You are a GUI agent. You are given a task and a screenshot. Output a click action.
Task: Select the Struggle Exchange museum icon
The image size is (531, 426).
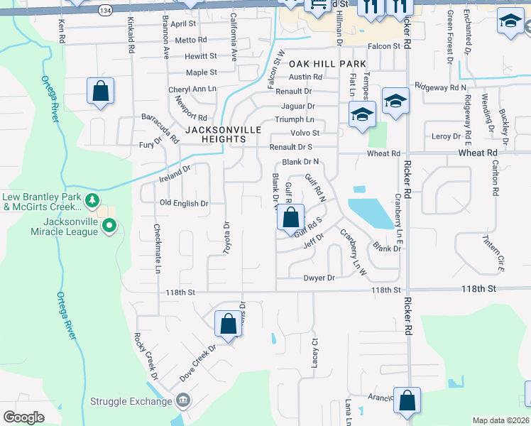(184, 401)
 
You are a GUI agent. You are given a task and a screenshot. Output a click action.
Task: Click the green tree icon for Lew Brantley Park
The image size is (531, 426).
(92, 201)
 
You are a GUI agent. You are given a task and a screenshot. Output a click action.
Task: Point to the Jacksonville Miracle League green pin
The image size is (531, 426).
(109, 226)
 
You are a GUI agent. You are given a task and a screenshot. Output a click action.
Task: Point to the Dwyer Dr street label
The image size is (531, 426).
(319, 278)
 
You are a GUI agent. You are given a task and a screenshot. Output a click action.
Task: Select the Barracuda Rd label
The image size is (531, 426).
(160, 125)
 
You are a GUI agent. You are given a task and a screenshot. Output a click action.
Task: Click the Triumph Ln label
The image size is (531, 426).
(295, 120)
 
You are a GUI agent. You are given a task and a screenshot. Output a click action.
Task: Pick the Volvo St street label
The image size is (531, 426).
(305, 133)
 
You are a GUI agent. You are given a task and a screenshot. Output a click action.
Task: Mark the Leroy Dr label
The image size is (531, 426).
(446, 136)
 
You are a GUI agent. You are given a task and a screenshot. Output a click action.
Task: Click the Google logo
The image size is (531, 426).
(23, 417)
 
